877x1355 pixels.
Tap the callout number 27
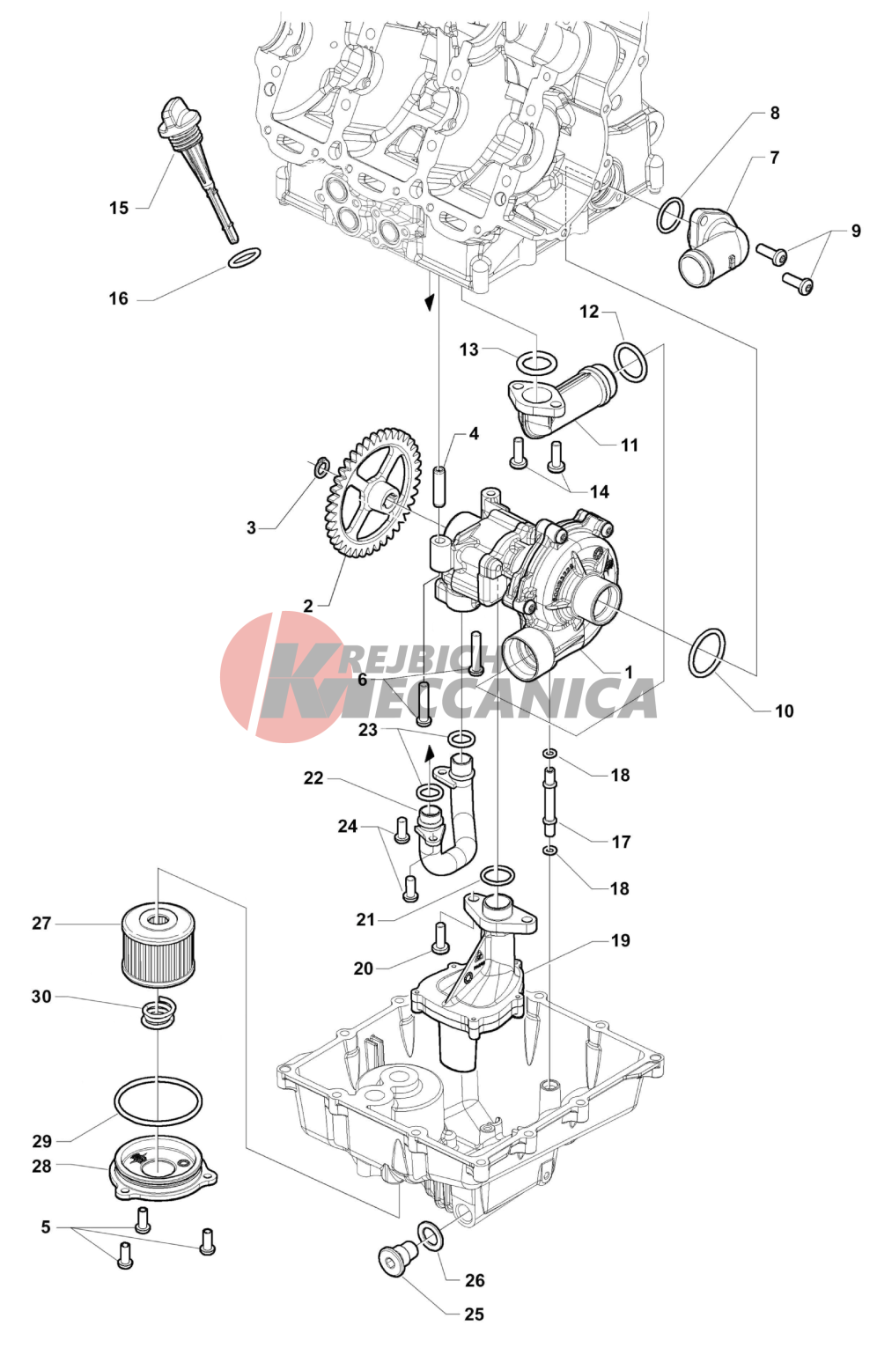click(41, 924)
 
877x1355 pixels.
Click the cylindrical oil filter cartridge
click(158, 949)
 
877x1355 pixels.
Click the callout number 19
click(621, 941)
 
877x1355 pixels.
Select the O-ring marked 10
click(708, 653)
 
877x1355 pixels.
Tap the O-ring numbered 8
click(671, 214)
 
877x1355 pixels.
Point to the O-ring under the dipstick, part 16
click(244, 258)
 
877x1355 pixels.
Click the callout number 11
click(629, 446)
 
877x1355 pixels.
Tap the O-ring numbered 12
click(630, 362)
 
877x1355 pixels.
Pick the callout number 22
click(313, 778)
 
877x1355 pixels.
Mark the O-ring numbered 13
click(536, 362)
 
